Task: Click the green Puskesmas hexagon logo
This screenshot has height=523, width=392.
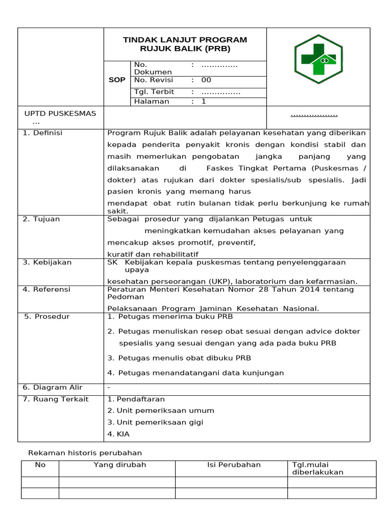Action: click(x=318, y=59)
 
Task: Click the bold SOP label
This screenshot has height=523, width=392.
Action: click(x=117, y=80)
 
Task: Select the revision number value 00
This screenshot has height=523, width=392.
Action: click(x=206, y=80)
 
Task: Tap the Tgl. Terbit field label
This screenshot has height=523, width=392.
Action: click(x=154, y=92)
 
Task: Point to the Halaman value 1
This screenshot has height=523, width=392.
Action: click(x=203, y=102)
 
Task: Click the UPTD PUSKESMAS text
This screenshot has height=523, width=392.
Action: click(x=60, y=113)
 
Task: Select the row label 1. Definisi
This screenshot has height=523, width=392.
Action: click(x=42, y=133)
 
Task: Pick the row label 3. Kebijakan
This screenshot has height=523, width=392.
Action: click(x=47, y=263)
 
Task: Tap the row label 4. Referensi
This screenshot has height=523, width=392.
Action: click(x=46, y=290)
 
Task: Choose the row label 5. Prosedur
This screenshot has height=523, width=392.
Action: click(x=47, y=317)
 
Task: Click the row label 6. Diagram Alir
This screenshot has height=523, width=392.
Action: click(x=53, y=388)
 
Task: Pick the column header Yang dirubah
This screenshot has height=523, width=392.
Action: click(x=120, y=465)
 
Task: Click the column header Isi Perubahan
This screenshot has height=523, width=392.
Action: click(x=234, y=465)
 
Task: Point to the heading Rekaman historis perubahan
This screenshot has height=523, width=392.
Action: click(x=85, y=453)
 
